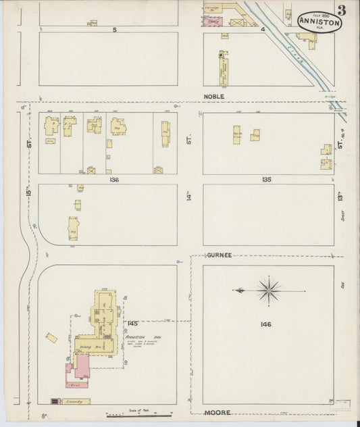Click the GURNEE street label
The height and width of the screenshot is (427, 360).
pyautogui.click(x=220, y=255)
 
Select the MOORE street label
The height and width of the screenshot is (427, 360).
pyautogui.click(x=217, y=412)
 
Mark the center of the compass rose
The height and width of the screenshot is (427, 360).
pyautogui.click(x=269, y=291)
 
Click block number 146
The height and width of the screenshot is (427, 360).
pyautogui.click(x=265, y=324)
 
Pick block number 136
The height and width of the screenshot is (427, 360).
pyautogui.click(x=113, y=180)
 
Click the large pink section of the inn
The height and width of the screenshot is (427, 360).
pyautogui.click(x=82, y=368)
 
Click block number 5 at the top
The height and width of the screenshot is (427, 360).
pyautogui.click(x=115, y=30)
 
